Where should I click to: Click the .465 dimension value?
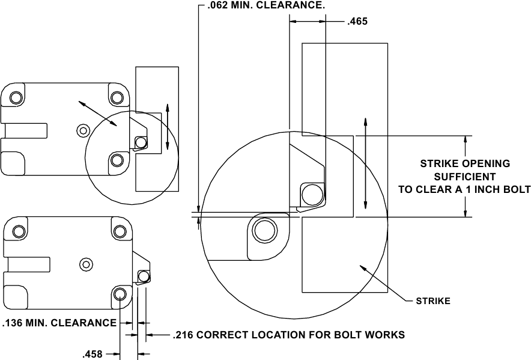tap(357, 21)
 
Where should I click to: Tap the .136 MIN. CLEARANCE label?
tap(59, 323)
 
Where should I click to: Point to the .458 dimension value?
tap(93, 354)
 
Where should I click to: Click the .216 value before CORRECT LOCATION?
tap(183, 335)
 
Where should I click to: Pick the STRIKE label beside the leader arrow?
tap(433, 301)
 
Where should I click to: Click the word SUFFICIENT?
tap(465, 177)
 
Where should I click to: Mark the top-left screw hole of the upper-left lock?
tap(16, 97)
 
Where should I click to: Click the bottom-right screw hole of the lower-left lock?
tap(120, 294)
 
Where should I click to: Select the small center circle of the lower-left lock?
tap(86, 263)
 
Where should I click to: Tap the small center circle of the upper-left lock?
tap(83, 129)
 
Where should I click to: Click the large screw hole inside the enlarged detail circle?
tap(265, 230)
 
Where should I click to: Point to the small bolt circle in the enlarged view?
tap(312, 194)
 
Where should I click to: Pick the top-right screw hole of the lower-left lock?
tap(120, 231)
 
